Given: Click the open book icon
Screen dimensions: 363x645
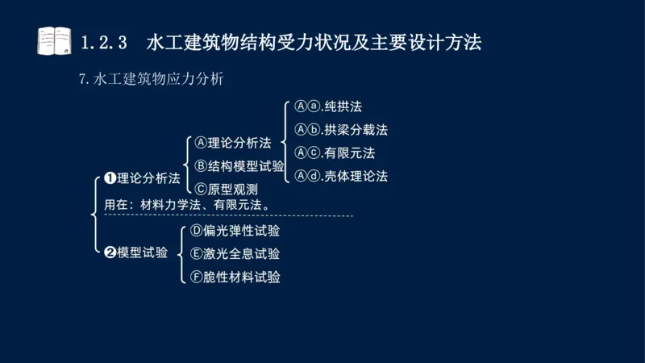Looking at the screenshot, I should click(x=55, y=40).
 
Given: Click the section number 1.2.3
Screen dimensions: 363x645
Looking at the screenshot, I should click(x=106, y=42).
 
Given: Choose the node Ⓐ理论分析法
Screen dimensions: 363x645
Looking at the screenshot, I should click(x=233, y=143).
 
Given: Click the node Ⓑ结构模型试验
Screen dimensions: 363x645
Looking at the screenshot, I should click(x=239, y=166).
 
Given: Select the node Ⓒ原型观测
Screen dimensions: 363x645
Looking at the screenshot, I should click(x=227, y=190).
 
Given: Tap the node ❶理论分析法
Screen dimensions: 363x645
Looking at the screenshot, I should click(x=142, y=178).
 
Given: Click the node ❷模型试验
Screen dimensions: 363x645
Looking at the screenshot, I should click(x=136, y=252).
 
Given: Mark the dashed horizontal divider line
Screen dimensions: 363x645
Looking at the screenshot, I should click(x=226, y=216).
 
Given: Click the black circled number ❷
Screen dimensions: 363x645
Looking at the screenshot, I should click(x=110, y=252).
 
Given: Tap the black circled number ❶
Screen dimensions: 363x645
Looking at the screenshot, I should click(x=110, y=178).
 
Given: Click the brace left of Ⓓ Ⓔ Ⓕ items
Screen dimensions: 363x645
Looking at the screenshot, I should click(x=180, y=253).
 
